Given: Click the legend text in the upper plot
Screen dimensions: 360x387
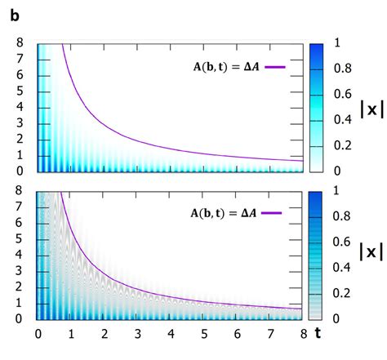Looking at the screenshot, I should point(222,68).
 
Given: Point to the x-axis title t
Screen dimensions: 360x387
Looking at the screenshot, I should point(366,333).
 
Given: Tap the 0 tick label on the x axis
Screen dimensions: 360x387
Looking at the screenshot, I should point(38,333).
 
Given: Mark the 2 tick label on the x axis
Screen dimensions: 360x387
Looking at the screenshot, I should point(105,333).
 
